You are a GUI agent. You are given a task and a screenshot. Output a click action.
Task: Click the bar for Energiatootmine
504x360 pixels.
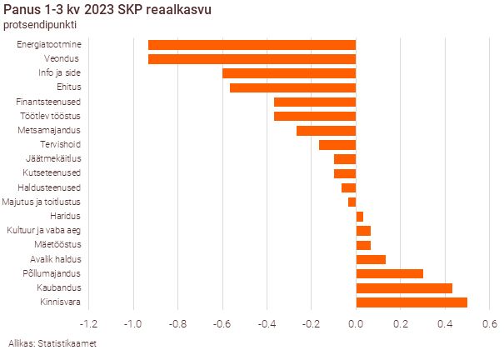(x=252, y=45)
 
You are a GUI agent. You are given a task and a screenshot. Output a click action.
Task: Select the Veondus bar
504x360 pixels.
(x=252, y=59)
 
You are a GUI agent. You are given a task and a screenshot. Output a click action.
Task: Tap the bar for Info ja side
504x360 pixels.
(x=289, y=73)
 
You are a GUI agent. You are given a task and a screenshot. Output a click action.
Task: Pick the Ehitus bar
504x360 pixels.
(x=293, y=87)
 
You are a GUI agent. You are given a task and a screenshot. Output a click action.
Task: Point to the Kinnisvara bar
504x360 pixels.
(x=412, y=302)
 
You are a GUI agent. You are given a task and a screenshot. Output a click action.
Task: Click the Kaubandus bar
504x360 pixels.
(x=404, y=288)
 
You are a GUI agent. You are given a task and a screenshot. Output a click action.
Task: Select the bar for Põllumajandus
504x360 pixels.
(x=390, y=274)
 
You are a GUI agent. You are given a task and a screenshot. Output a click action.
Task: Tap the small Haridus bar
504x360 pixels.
(x=360, y=217)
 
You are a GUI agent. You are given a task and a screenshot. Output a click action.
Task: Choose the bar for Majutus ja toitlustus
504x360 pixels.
(x=352, y=202)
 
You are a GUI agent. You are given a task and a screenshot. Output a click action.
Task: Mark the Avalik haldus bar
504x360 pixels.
(x=371, y=259)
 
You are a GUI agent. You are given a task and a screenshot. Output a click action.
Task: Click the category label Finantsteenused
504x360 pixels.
(x=48, y=102)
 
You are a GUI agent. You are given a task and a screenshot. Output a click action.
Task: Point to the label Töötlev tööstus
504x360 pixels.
(x=50, y=116)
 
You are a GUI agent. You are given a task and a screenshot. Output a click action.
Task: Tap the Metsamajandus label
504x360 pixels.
(x=49, y=130)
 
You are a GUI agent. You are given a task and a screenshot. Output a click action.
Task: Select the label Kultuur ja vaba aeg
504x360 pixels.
(x=43, y=231)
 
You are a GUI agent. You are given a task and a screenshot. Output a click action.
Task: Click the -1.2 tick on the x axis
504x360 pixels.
(x=88, y=323)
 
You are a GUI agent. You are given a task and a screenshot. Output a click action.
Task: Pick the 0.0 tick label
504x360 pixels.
(x=356, y=323)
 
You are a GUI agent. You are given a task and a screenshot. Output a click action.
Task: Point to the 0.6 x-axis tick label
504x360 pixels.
(x=490, y=323)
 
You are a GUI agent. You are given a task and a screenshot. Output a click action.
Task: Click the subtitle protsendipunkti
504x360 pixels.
(x=40, y=25)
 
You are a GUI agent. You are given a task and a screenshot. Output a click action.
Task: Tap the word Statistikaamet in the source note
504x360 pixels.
(x=67, y=343)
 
